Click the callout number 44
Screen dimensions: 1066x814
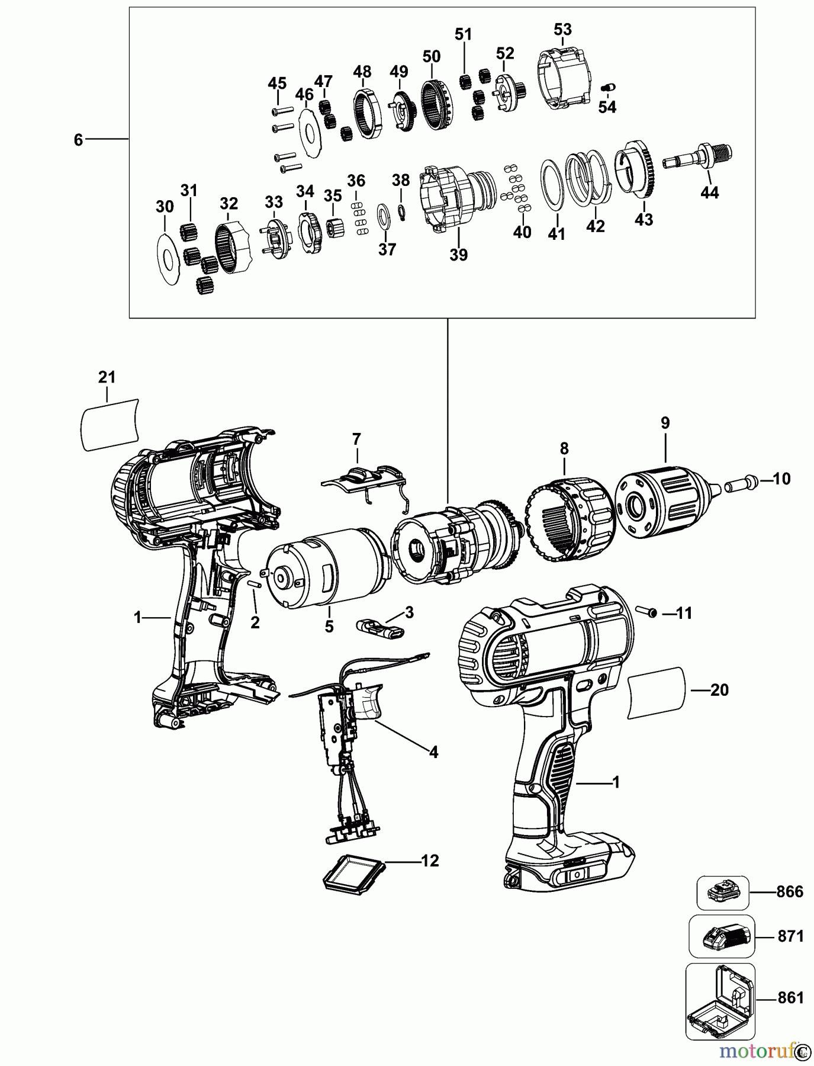(x=709, y=192)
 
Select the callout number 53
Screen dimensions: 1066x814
(x=562, y=29)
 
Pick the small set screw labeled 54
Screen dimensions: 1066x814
(x=607, y=88)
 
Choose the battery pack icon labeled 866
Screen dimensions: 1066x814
(x=722, y=892)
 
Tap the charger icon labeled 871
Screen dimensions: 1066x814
(x=723, y=936)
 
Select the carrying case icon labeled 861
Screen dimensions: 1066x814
(x=720, y=1001)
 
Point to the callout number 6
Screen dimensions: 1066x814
(x=78, y=140)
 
